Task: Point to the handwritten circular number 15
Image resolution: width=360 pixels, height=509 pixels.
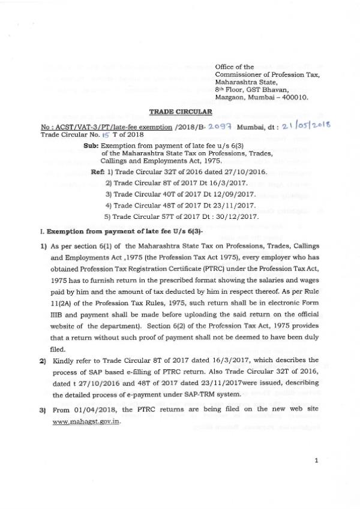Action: tap(89, 136)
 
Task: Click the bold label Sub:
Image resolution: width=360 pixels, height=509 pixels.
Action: tap(92, 146)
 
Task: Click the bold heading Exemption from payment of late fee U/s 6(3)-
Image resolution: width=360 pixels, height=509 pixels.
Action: tap(90, 231)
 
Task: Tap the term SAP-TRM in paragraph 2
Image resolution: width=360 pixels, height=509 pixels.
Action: tap(208, 394)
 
